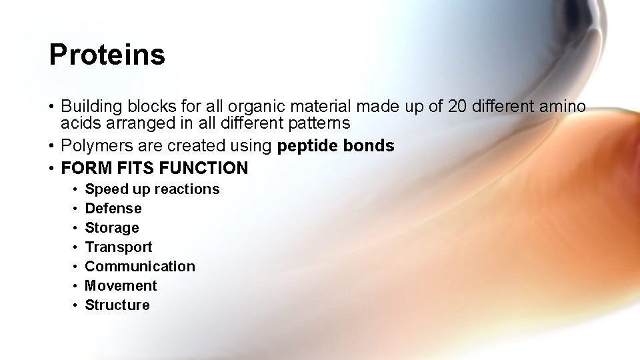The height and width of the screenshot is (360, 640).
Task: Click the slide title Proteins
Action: (x=107, y=55)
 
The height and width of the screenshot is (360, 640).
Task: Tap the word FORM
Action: (x=83, y=168)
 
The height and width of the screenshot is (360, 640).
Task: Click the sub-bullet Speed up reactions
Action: (x=152, y=189)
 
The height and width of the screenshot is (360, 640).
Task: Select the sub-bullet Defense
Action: (x=113, y=209)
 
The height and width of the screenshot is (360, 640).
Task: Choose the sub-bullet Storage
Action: (x=112, y=228)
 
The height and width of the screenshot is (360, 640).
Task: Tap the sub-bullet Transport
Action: (x=119, y=247)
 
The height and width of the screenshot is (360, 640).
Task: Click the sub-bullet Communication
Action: (x=140, y=267)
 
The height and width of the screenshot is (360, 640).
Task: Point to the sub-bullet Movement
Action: (x=121, y=286)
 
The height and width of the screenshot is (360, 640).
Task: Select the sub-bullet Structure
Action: (x=117, y=305)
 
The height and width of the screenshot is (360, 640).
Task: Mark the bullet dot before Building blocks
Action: (x=51, y=107)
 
